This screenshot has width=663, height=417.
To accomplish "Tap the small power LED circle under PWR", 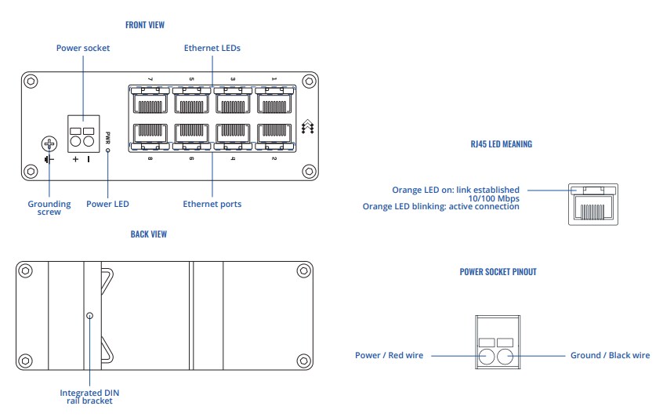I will click(x=108, y=149).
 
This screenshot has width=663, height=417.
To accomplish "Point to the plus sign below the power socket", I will click(x=76, y=159).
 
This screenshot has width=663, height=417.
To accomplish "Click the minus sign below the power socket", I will click(x=89, y=159).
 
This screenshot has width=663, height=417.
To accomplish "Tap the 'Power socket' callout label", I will click(x=83, y=49).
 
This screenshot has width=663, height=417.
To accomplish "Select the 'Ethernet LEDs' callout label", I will click(x=212, y=49).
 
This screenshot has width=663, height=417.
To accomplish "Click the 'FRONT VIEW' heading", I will click(x=145, y=25).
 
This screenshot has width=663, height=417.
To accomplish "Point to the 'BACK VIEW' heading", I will click(x=148, y=234).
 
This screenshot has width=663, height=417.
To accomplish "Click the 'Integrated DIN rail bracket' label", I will click(x=90, y=396).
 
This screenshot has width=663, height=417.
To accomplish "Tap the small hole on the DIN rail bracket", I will click(x=90, y=315).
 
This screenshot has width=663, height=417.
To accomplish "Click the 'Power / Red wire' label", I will click(x=389, y=355).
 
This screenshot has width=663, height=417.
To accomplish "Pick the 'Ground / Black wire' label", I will click(x=608, y=355).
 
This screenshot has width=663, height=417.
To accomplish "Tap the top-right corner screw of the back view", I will click(x=303, y=270).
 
